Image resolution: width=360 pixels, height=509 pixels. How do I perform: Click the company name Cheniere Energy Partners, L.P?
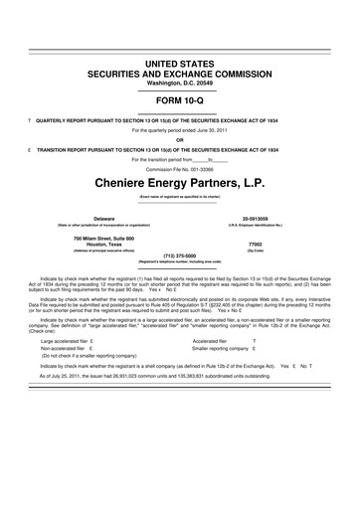pos(180,184)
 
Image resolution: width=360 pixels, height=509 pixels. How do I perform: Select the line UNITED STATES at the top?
pos(180,64)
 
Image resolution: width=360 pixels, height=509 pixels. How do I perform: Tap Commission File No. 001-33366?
pos(180,168)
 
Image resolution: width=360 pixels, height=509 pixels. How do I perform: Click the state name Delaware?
pos(103,218)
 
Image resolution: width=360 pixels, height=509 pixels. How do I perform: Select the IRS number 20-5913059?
pos(258,218)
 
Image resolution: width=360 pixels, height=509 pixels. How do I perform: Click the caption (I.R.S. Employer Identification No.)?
pos(258,226)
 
